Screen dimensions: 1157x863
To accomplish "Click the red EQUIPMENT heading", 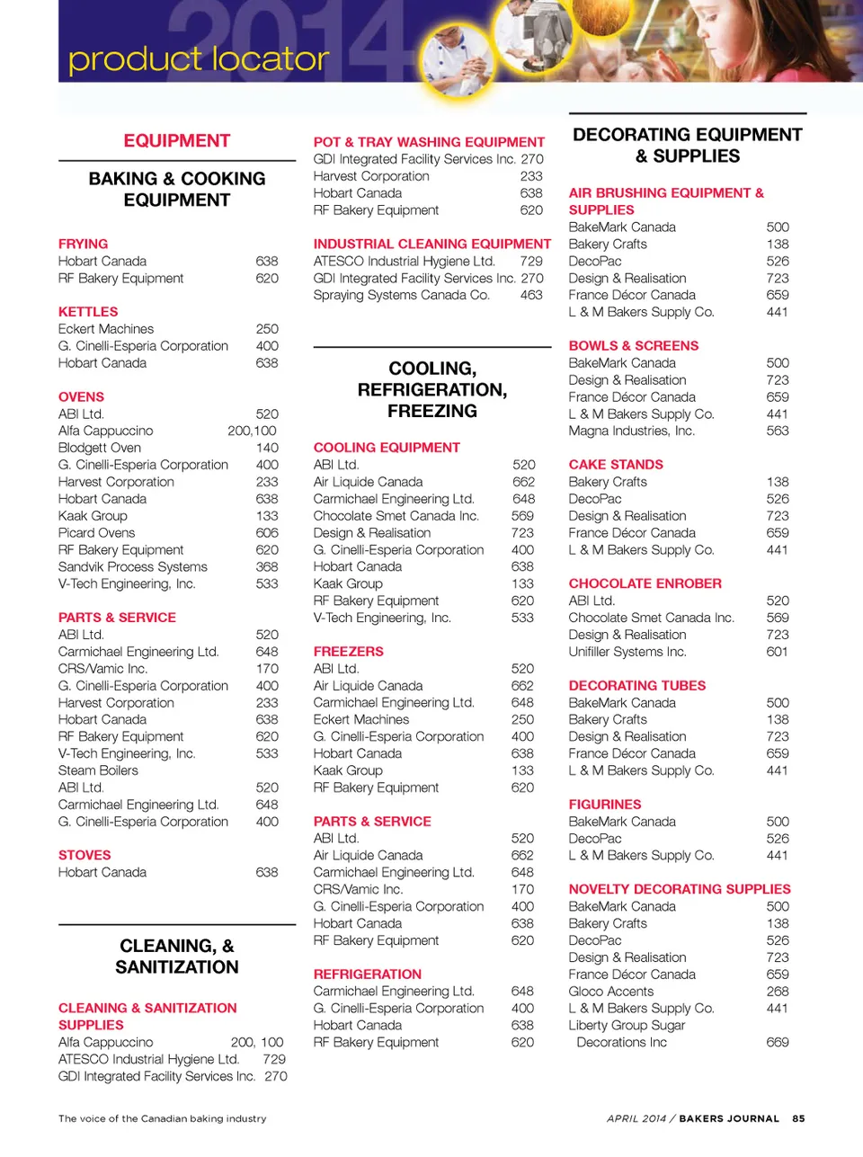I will [177, 141].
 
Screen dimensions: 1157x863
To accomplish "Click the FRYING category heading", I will [83, 244].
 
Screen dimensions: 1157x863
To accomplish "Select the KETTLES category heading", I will [88, 312].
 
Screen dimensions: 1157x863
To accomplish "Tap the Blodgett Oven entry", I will [100, 448].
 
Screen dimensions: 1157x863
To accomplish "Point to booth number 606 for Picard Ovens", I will [267, 533].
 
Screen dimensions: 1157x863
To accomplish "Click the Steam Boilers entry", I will [98, 770].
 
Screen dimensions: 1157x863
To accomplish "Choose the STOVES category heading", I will [85, 855].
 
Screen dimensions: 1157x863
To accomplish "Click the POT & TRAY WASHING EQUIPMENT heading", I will [429, 142].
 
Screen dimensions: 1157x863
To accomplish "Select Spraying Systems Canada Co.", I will [401, 295].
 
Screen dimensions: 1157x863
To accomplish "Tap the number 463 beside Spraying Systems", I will [531, 295].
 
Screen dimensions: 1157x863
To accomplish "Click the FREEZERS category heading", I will [348, 652].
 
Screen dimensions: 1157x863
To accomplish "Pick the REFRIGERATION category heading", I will [367, 975].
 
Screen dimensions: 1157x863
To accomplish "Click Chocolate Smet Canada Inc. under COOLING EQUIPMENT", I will [396, 516].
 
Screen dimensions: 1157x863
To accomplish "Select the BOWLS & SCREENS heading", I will [633, 346].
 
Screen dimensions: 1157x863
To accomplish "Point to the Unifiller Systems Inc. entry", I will [627, 652].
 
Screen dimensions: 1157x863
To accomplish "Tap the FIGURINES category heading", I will [605, 805].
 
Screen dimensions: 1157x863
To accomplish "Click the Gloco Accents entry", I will [610, 992].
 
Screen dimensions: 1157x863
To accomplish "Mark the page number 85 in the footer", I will [798, 1118].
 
